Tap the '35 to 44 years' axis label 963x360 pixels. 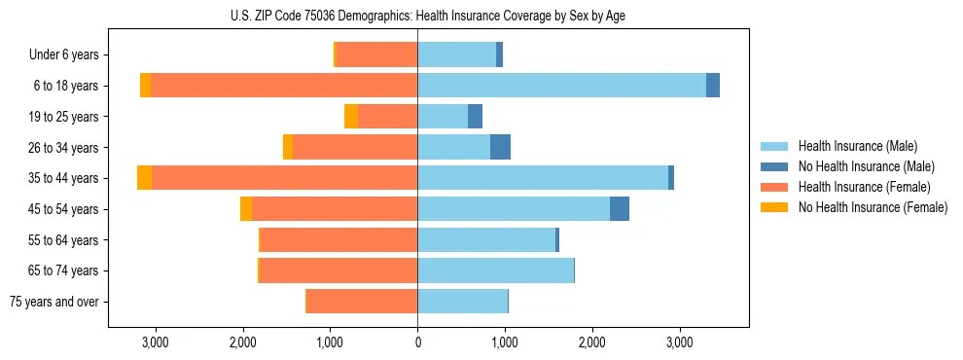coord(63,178)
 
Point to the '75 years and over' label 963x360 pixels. coord(53,302)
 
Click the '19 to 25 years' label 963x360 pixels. coord(63,117)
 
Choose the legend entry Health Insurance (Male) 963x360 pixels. coord(857,146)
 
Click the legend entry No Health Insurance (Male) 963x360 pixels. coord(866,166)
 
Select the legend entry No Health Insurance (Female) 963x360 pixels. coord(873,207)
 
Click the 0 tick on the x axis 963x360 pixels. coord(417,342)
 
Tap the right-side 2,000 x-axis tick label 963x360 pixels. coord(592,342)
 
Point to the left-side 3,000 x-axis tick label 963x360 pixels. coord(156,342)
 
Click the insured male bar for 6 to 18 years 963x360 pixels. coord(561,86)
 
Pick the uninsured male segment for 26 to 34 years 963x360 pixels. coord(500,147)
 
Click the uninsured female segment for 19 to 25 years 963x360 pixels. coord(351,117)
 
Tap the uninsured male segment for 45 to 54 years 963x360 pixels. coord(620,209)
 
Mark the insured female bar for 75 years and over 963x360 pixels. coord(362,302)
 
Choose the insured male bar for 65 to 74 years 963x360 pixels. coord(495,270)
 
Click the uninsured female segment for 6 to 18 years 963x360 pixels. coord(145,86)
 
